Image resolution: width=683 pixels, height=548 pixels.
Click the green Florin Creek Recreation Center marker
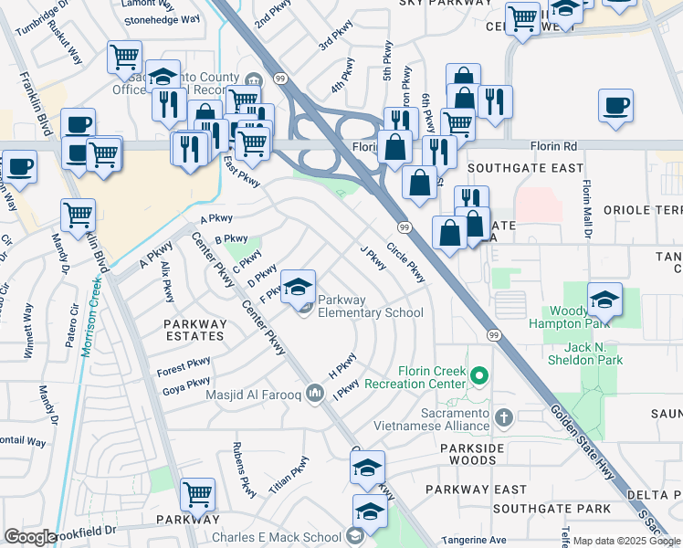pos(478,374)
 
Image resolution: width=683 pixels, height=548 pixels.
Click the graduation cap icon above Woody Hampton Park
pos(604,300)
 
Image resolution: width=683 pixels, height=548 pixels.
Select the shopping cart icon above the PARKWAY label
pos(197,495)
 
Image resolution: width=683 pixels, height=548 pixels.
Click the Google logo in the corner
pos(30,537)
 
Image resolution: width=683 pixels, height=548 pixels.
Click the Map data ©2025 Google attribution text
pos(625,541)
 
